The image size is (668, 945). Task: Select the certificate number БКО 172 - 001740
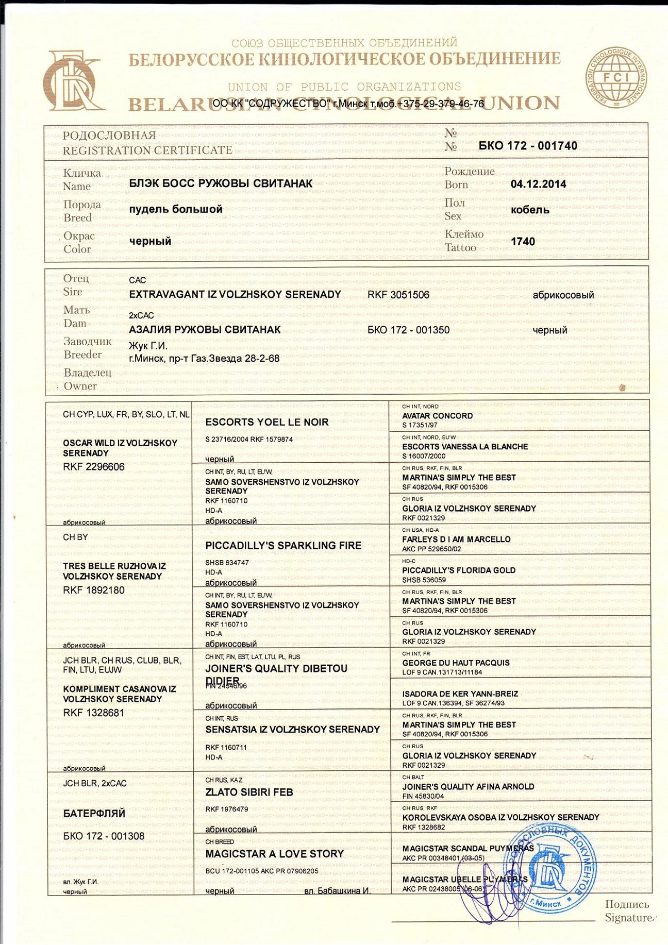click(527, 146)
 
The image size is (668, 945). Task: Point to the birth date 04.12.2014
click(538, 184)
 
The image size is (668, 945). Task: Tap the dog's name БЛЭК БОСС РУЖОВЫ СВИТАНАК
click(221, 183)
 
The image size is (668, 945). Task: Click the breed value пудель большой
click(176, 209)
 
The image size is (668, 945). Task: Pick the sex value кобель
click(529, 210)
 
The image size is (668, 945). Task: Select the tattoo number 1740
click(523, 242)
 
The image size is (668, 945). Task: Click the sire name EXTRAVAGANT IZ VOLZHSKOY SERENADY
click(235, 295)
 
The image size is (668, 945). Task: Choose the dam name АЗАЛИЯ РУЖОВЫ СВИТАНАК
click(205, 330)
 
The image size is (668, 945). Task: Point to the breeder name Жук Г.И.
click(148, 346)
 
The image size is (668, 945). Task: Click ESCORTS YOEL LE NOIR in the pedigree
click(266, 422)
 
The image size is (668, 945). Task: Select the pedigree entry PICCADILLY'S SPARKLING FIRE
click(283, 546)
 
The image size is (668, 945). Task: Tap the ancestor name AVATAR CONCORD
click(437, 416)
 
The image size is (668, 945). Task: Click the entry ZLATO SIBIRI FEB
click(249, 792)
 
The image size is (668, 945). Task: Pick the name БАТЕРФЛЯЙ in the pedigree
click(94, 814)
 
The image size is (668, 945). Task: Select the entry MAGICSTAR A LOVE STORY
click(274, 854)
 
